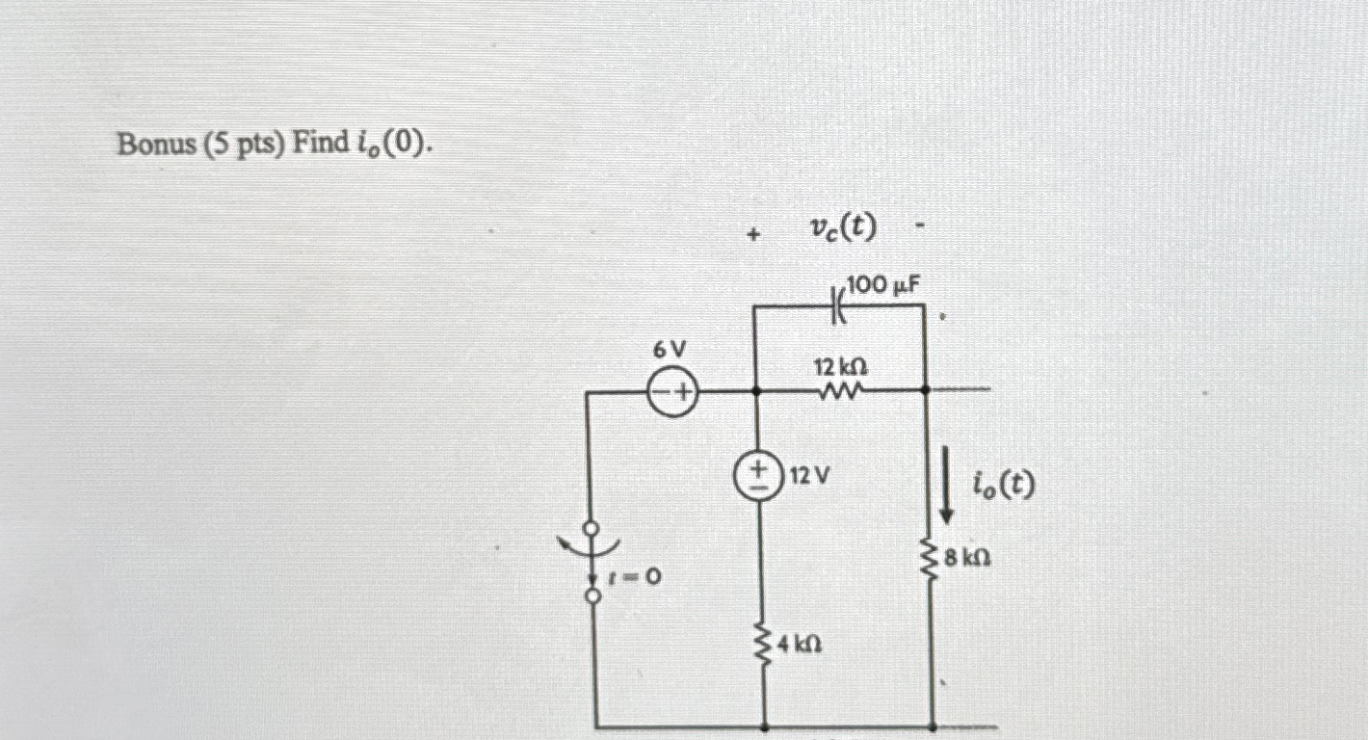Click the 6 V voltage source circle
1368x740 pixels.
click(x=671, y=391)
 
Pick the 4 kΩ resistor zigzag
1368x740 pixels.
click(x=764, y=640)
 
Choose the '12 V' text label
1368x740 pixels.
click(x=809, y=475)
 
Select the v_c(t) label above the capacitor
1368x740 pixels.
click(x=844, y=227)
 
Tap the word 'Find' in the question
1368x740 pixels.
click(x=323, y=145)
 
